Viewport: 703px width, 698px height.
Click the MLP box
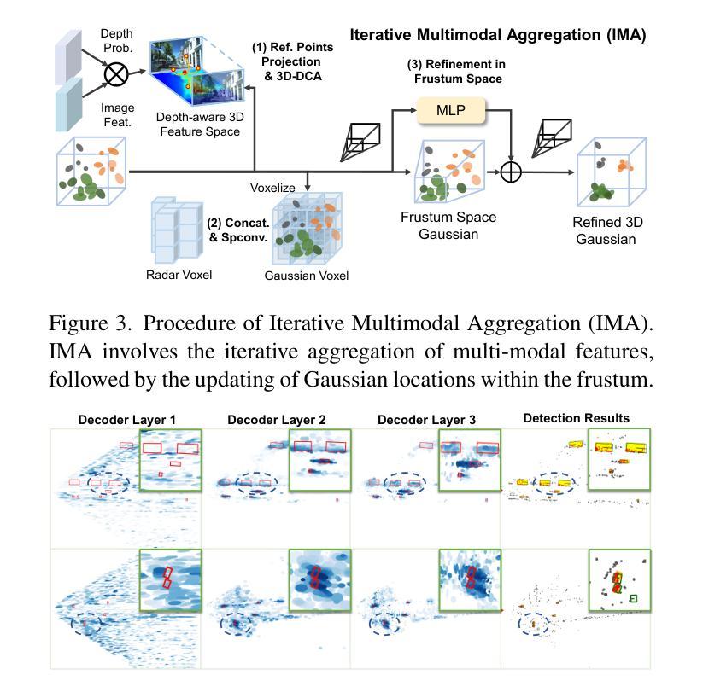tap(450, 110)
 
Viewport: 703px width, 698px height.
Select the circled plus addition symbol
tap(510, 172)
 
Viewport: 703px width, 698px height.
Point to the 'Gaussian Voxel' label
tap(306, 276)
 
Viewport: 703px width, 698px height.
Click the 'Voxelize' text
tap(272, 187)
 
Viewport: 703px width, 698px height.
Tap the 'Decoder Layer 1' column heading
tap(126, 420)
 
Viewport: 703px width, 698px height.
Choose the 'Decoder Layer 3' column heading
tap(426, 420)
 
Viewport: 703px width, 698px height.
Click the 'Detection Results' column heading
tap(576, 418)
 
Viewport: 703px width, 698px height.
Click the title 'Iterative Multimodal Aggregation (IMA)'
tap(498, 36)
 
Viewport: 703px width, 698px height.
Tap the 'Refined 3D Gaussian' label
tap(607, 230)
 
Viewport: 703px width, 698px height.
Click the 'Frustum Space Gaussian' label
tap(448, 225)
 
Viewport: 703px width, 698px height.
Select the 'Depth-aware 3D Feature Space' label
tap(197, 124)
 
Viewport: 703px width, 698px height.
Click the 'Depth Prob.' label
tap(117, 40)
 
